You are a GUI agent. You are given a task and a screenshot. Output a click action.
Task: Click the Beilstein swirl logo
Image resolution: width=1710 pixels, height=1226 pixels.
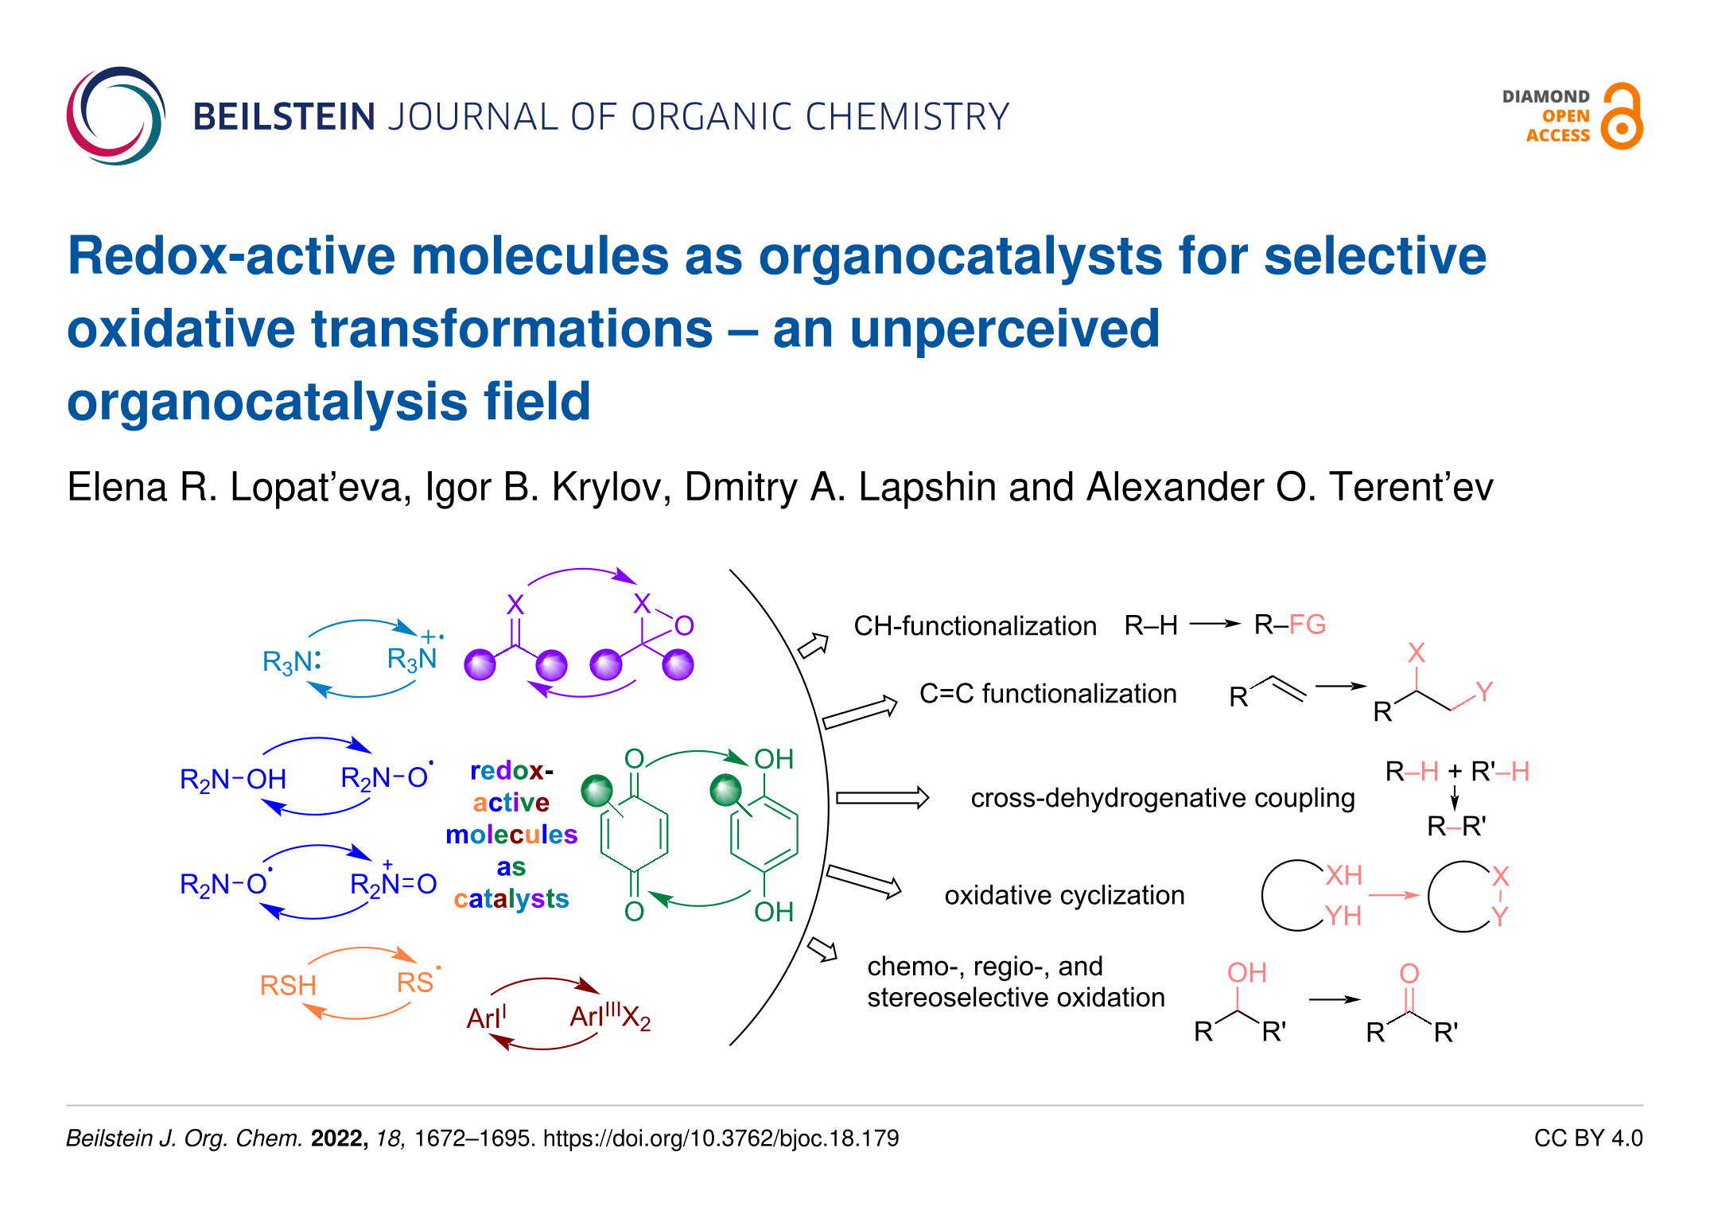(116, 116)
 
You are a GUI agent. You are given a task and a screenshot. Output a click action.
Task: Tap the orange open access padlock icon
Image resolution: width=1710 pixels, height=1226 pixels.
(1622, 116)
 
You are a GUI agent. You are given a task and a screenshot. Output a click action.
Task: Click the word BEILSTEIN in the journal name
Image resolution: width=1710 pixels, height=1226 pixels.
(284, 117)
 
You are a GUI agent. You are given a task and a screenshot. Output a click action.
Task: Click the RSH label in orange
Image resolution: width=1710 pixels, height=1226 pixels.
(288, 986)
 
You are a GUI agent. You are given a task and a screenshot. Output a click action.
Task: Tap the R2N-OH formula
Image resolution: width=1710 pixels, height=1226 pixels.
(233, 780)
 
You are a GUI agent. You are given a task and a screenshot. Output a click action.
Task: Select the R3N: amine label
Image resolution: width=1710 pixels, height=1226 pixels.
(292, 662)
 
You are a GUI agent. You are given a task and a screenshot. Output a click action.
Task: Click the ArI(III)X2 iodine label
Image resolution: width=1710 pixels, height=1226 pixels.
(610, 1017)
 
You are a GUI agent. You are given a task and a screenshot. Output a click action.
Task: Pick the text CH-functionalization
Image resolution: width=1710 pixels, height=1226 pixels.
(975, 626)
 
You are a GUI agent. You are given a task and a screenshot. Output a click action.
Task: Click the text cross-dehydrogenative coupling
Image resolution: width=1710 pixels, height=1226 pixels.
(1163, 798)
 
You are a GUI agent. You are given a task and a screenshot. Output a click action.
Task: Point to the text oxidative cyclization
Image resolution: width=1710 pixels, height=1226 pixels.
(1064, 896)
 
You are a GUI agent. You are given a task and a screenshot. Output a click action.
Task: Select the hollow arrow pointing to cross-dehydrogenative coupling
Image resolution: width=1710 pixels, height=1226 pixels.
(882, 798)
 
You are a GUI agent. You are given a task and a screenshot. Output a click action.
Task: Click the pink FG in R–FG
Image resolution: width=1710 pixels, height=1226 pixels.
(1308, 625)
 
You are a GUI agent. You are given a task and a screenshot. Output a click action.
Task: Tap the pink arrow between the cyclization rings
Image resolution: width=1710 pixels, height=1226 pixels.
(1393, 896)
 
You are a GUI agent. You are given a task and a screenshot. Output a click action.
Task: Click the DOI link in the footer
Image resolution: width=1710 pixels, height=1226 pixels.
(721, 1138)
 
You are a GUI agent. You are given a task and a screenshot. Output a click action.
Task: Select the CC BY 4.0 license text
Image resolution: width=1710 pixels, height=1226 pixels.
(1588, 1138)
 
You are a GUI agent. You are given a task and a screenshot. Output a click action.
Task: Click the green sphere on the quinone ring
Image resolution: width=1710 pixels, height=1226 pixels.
(597, 791)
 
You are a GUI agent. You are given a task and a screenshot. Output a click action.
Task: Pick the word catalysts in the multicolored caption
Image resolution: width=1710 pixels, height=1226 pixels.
(511, 899)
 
